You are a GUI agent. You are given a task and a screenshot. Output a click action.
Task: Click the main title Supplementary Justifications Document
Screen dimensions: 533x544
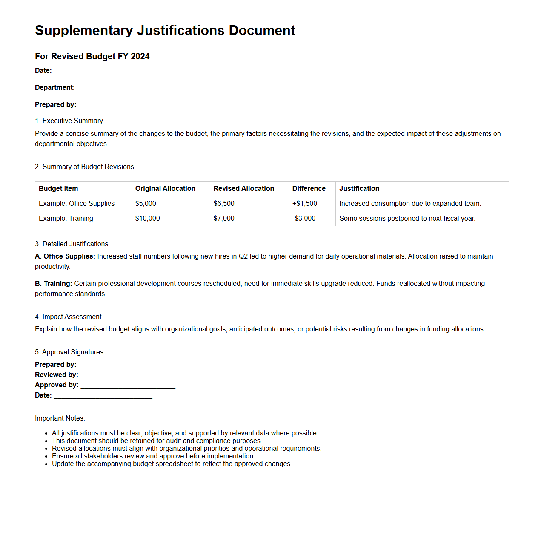pos(165,30)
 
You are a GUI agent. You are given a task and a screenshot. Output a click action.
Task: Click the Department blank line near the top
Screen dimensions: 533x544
pos(143,88)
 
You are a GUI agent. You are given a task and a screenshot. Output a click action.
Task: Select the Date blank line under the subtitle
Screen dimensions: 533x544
pos(77,71)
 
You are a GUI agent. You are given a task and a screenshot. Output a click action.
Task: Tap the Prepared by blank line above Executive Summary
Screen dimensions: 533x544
pos(141,105)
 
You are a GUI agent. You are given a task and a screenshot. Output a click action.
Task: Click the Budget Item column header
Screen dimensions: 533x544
pos(58,188)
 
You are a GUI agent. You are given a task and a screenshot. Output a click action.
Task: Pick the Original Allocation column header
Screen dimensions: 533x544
pos(165,188)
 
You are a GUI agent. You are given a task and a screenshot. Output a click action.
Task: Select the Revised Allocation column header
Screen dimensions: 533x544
pos(243,188)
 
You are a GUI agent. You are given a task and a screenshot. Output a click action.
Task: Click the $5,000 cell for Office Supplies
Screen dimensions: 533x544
pos(146,203)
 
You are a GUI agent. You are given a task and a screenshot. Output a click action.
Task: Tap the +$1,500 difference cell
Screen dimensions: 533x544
pos(304,203)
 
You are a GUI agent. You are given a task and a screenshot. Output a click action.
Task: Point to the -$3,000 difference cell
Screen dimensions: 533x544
pos(304,218)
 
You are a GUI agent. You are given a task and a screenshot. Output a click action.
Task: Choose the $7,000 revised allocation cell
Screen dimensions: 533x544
pos(224,218)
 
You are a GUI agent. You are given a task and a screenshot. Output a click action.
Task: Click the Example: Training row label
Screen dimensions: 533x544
pos(66,218)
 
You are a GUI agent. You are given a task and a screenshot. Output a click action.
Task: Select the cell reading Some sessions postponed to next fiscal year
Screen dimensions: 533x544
pos(407,218)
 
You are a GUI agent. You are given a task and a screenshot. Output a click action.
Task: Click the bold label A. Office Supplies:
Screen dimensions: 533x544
pos(65,256)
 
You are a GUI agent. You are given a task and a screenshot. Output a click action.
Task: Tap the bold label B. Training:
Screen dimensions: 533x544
pos(54,283)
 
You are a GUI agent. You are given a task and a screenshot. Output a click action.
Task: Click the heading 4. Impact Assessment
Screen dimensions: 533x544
pos(68,317)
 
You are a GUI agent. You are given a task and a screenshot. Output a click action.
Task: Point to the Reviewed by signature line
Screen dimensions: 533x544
pos(128,375)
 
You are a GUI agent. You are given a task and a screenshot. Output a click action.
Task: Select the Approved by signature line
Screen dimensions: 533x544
pos(128,386)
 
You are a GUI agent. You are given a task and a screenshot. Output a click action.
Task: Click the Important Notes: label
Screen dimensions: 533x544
pos(60,418)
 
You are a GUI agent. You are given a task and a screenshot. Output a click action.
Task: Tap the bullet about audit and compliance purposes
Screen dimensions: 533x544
pos(157,441)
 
